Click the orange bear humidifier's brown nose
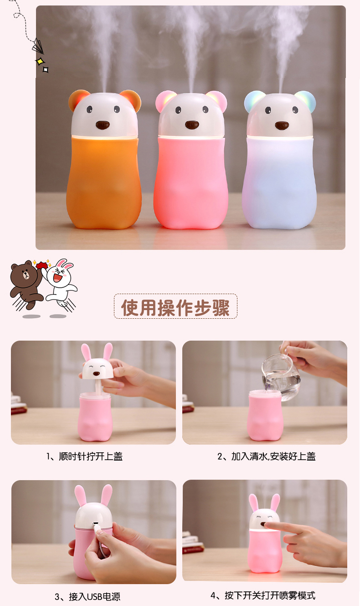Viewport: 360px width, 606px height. coord(103,125)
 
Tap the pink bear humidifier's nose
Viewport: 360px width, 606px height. coord(192,125)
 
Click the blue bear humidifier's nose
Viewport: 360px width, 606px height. coord(282,125)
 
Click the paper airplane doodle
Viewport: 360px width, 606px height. coord(38,47)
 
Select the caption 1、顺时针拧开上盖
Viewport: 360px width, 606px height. coord(84,456)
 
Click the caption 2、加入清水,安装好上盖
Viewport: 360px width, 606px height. coord(267,456)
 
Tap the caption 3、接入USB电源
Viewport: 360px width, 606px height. coord(87,596)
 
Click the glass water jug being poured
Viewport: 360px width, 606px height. coord(281,378)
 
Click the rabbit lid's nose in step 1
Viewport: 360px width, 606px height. coord(96,373)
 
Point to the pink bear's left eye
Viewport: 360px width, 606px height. coord(178,110)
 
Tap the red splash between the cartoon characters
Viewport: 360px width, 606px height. coord(41,265)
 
